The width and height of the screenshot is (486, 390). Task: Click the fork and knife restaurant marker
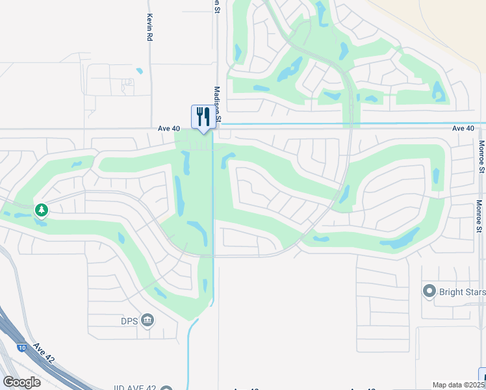coord(202,117)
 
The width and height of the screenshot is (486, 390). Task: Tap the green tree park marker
coord(42,210)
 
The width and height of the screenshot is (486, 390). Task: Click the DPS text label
coord(129,319)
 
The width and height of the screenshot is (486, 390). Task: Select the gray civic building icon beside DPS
coord(147,319)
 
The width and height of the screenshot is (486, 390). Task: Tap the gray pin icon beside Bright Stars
coord(429,291)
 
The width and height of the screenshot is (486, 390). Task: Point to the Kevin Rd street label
coord(149,28)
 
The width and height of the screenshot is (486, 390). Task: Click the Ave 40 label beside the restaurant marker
coord(168,129)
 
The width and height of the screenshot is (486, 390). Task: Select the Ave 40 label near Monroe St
coord(464,129)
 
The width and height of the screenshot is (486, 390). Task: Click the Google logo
coord(21,382)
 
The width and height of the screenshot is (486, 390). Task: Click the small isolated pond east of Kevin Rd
coord(139,71)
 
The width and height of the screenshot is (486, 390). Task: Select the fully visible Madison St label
coord(218,104)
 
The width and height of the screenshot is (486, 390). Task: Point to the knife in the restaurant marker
coord(207,116)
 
